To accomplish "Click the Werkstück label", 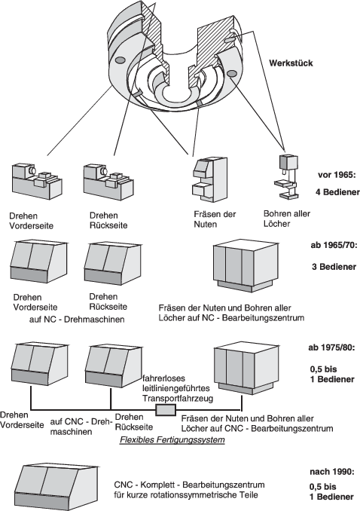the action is (291, 63).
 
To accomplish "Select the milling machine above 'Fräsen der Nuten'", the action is (209, 179).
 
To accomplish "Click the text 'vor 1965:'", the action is (337, 175).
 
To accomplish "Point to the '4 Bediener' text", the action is (337, 192).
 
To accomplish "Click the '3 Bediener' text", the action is (334, 267).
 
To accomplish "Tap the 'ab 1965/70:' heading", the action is (334, 245).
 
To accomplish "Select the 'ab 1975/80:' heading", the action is (331, 347).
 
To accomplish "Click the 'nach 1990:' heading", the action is (331, 472).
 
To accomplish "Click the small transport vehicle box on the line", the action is (166, 410).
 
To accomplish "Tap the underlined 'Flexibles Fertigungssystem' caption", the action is (172, 439).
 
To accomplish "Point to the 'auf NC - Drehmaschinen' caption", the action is (77, 320).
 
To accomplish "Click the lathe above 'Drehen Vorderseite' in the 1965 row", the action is (37, 181).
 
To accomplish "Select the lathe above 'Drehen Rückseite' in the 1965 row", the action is (108, 181).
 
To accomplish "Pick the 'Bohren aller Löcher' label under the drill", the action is (287, 219).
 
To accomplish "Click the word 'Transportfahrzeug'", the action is (178, 398).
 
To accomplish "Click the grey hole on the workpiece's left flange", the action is (120, 60).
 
